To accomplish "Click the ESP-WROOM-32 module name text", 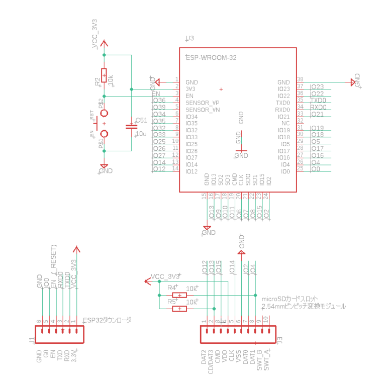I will point(211,58).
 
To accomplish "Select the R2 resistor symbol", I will point(104,75).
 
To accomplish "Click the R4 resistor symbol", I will point(179,295).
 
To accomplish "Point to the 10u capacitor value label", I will point(141,134).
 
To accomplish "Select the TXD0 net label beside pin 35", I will point(318,101).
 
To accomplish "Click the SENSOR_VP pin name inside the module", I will point(203,103).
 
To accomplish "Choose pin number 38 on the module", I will point(300,79).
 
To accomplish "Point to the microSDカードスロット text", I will point(290,299).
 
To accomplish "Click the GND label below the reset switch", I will point(106,171).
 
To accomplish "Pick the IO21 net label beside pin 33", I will point(318,115).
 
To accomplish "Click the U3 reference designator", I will point(189,38).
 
